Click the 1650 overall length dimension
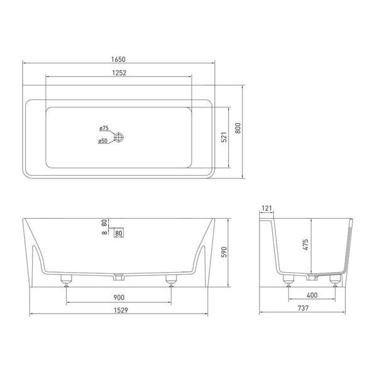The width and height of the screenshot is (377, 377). pyautogui.click(x=118, y=59)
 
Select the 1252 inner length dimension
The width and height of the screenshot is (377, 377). pyautogui.click(x=119, y=73)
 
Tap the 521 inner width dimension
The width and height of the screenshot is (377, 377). pyautogui.click(x=224, y=137)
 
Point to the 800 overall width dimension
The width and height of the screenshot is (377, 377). pyautogui.click(x=238, y=128)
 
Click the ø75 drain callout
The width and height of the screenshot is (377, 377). pyautogui.click(x=104, y=128)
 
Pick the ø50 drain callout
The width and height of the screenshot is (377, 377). pyautogui.click(x=103, y=141)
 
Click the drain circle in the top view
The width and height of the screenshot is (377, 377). pyautogui.click(x=119, y=138)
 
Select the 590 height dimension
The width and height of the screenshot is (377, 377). pyautogui.click(x=224, y=252)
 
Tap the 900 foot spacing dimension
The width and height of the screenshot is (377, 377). pyautogui.click(x=119, y=297)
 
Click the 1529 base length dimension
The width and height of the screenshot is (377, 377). pyautogui.click(x=121, y=310)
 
